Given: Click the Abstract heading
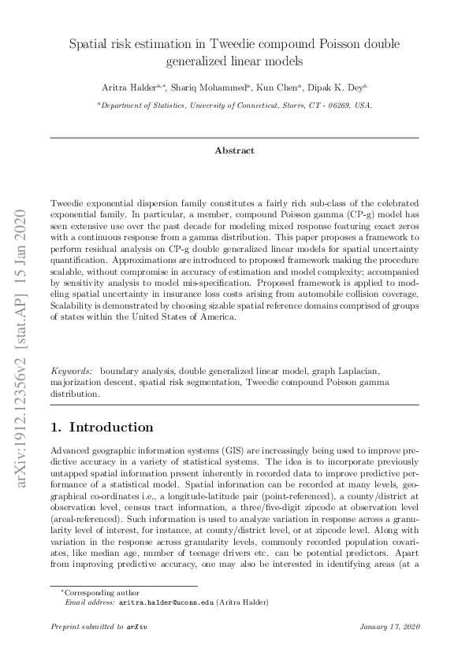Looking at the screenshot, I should (234, 150).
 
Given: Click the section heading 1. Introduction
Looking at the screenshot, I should (102, 428).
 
